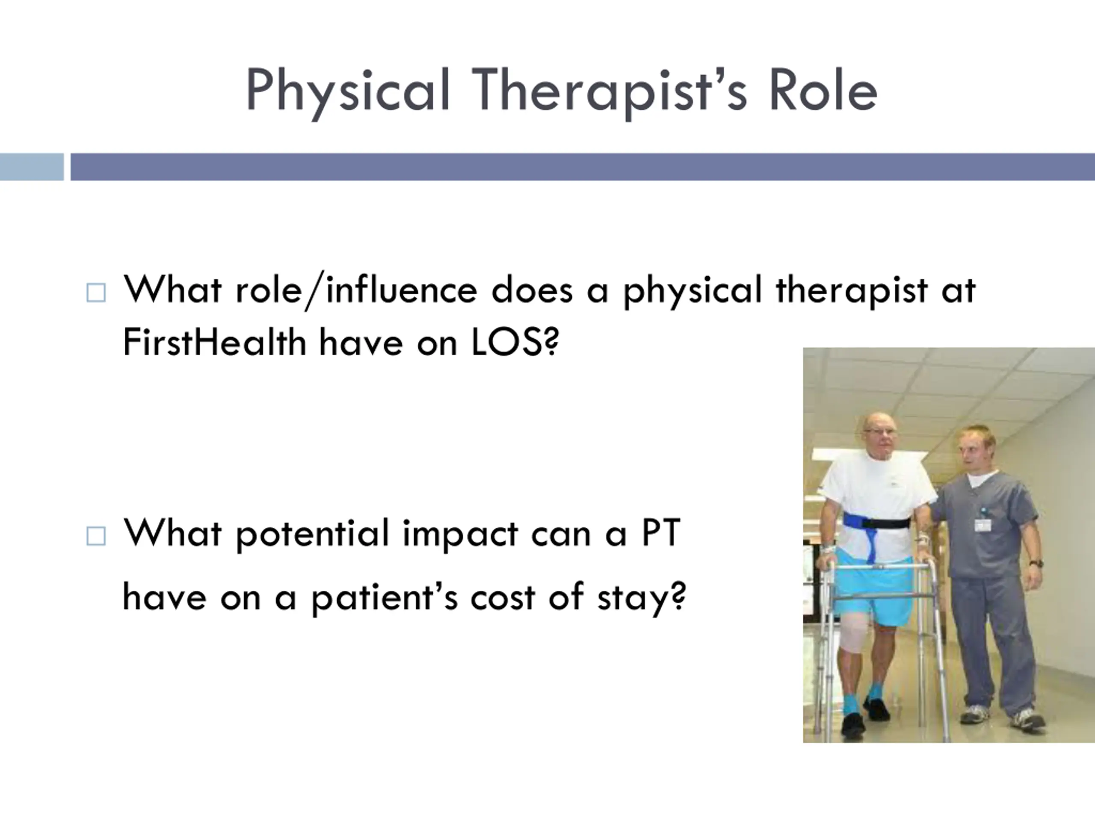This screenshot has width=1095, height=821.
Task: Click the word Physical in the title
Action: pos(347,92)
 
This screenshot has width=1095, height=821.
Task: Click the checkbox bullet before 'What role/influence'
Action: pos(96,292)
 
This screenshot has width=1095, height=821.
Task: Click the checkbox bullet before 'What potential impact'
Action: pos(96,536)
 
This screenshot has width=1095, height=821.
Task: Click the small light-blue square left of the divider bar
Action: pos(32,167)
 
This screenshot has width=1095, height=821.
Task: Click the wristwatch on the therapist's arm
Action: pos(1036,564)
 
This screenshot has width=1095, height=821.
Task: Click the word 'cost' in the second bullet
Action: pos(503,598)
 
